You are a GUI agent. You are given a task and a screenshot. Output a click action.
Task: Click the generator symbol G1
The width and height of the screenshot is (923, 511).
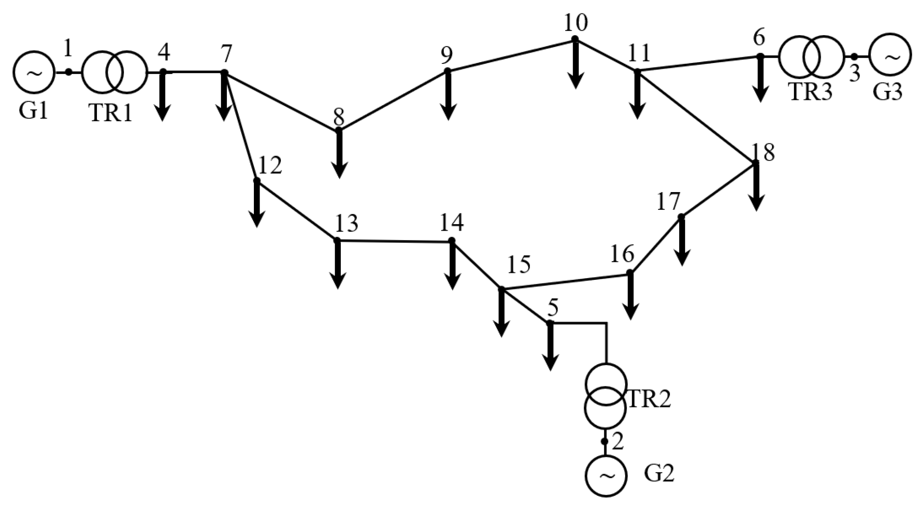coord(34,72)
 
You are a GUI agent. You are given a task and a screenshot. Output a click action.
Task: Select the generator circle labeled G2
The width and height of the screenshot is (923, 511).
coord(606,475)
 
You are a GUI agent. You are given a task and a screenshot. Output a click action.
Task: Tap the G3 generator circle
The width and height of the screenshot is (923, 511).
coord(890,55)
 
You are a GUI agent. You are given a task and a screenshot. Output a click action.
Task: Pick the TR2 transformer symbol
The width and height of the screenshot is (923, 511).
coord(605,395)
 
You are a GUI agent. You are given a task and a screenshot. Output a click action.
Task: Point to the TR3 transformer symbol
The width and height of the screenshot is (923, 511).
coord(811,56)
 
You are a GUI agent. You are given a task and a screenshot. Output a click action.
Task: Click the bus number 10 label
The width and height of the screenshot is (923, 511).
coord(576,23)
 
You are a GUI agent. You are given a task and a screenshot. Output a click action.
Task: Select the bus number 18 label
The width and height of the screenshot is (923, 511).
coord(763,152)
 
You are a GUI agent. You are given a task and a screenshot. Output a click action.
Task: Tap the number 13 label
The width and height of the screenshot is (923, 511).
coord(347,223)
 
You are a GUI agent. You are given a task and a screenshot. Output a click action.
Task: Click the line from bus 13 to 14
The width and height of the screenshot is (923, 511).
coord(394,240)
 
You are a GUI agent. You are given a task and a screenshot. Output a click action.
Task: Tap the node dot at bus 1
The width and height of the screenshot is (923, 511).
coord(68,72)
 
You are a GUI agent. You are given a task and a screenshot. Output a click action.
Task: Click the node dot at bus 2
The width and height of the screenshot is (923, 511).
coord(604,441)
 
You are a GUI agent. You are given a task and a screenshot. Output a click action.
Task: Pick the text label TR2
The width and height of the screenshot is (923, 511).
coord(649,399)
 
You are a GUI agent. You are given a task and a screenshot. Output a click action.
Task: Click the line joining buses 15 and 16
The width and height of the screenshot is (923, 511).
coord(565,281)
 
